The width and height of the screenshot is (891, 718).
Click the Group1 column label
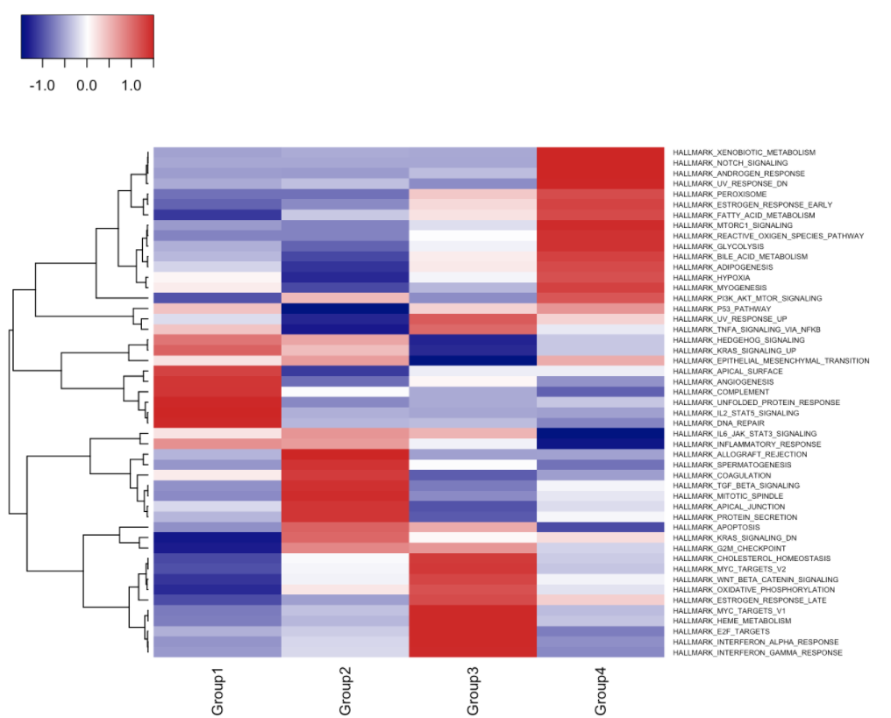tap(217, 691)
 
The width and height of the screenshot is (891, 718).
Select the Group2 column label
tap(345, 691)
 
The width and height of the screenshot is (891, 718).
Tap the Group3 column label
tap(473, 691)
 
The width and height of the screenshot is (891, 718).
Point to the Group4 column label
tap(601, 691)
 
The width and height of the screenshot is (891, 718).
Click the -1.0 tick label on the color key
tap(42, 85)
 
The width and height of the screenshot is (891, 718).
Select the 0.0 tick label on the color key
tap(86, 85)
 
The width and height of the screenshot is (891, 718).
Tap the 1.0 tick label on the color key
tap(132, 85)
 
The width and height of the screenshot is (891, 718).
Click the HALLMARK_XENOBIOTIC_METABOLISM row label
tap(744, 153)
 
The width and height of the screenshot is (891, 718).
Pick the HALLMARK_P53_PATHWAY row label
tap(722, 309)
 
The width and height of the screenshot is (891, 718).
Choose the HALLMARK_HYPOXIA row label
tap(711, 277)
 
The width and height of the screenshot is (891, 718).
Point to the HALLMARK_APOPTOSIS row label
tap(716, 527)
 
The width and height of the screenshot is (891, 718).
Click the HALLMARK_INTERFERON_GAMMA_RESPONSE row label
tap(758, 652)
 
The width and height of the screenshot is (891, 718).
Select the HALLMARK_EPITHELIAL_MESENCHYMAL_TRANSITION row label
tap(771, 360)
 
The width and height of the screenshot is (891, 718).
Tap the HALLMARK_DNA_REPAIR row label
tap(718, 423)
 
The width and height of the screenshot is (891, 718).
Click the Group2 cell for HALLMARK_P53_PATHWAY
tap(345, 309)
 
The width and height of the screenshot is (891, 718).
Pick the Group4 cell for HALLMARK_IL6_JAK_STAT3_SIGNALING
tap(601, 433)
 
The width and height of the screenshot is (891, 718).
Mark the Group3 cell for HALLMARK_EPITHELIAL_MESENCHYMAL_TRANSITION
tap(473, 360)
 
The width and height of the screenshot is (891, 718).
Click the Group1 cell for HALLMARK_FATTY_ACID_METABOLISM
tap(217, 215)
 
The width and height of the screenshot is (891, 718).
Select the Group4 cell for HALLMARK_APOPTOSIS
tap(601, 527)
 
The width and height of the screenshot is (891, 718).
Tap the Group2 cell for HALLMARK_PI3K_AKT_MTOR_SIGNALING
tap(345, 298)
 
